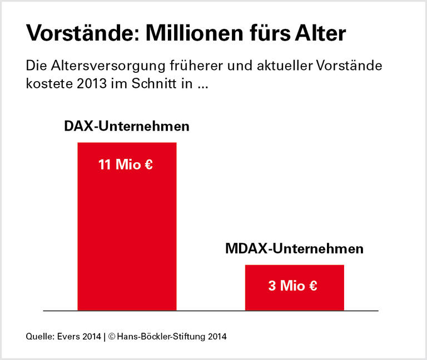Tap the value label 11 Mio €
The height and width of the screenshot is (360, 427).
click(126, 165)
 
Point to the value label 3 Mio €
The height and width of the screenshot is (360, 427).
click(292, 286)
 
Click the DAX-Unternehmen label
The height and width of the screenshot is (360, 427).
click(127, 126)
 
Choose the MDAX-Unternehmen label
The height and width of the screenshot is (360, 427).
click(294, 248)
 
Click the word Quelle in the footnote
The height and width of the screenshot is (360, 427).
click(39, 337)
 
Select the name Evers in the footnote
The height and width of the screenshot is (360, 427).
click(68, 337)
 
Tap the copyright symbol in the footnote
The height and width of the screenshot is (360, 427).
click(112, 337)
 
